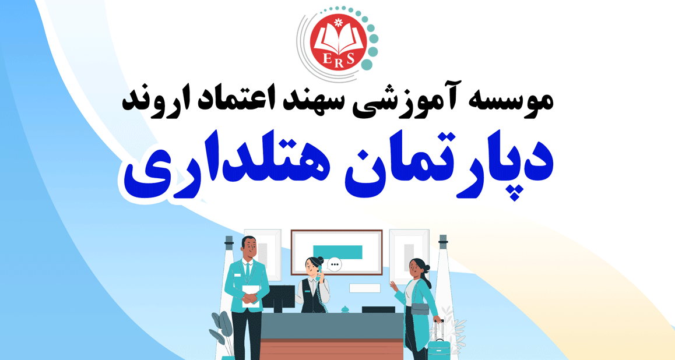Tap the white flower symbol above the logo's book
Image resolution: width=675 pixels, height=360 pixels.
coord(339,22)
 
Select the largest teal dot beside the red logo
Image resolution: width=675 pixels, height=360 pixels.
coord(367,65)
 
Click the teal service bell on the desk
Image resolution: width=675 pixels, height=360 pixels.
coord(344,309)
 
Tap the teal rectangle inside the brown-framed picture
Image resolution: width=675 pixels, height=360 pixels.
coord(337,252)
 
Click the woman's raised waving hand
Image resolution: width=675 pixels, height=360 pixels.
coord(393,286)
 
